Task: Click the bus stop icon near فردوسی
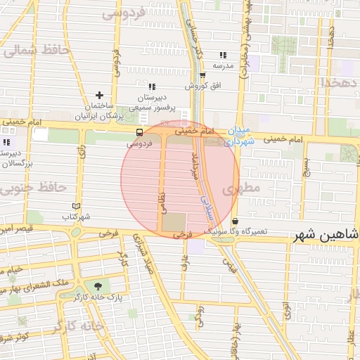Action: [x=140, y=131]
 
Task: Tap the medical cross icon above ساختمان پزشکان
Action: [x=99, y=95]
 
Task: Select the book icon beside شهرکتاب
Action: [x=77, y=206]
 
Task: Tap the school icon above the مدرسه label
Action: [x=223, y=55]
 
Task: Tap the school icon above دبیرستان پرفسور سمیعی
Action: [x=151, y=86]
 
